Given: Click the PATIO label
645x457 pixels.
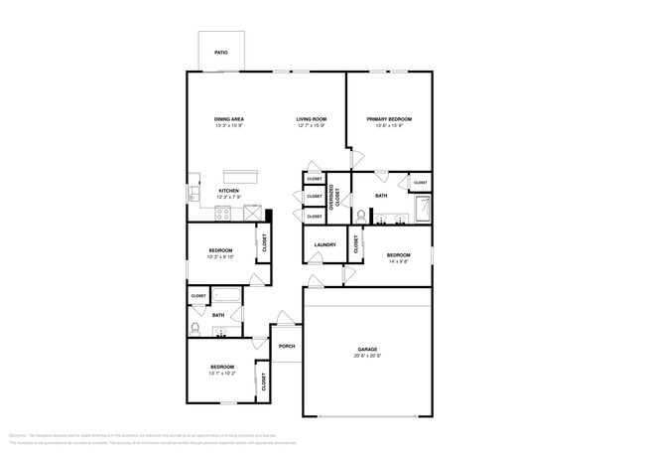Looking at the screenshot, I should coord(220,52).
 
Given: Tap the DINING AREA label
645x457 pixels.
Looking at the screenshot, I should coord(229,119).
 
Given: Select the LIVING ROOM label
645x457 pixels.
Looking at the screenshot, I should coord(311,119).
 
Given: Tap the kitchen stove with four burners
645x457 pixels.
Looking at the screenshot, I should coord(223,212).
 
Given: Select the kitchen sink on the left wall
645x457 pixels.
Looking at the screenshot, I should coord(193,195).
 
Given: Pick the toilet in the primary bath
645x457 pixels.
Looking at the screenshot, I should coord(361,214).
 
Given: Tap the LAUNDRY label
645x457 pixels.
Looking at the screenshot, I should coord(324,244).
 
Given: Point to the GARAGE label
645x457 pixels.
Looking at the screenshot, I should coord(367,350).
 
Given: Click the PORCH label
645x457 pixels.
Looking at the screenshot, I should coord(287,346).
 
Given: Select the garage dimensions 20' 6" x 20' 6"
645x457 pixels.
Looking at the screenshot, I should coord(367,357).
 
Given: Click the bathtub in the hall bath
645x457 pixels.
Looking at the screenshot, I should coord(227,295).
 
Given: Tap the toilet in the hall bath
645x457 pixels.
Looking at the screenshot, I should coord(195,328).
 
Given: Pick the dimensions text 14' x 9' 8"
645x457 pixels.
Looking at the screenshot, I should coord(399,263).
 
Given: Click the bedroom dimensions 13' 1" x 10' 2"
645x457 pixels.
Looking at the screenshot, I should coord(221,375).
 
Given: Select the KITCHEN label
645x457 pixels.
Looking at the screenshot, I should coord(229,190).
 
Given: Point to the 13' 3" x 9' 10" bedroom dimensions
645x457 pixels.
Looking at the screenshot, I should coord(220,257).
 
